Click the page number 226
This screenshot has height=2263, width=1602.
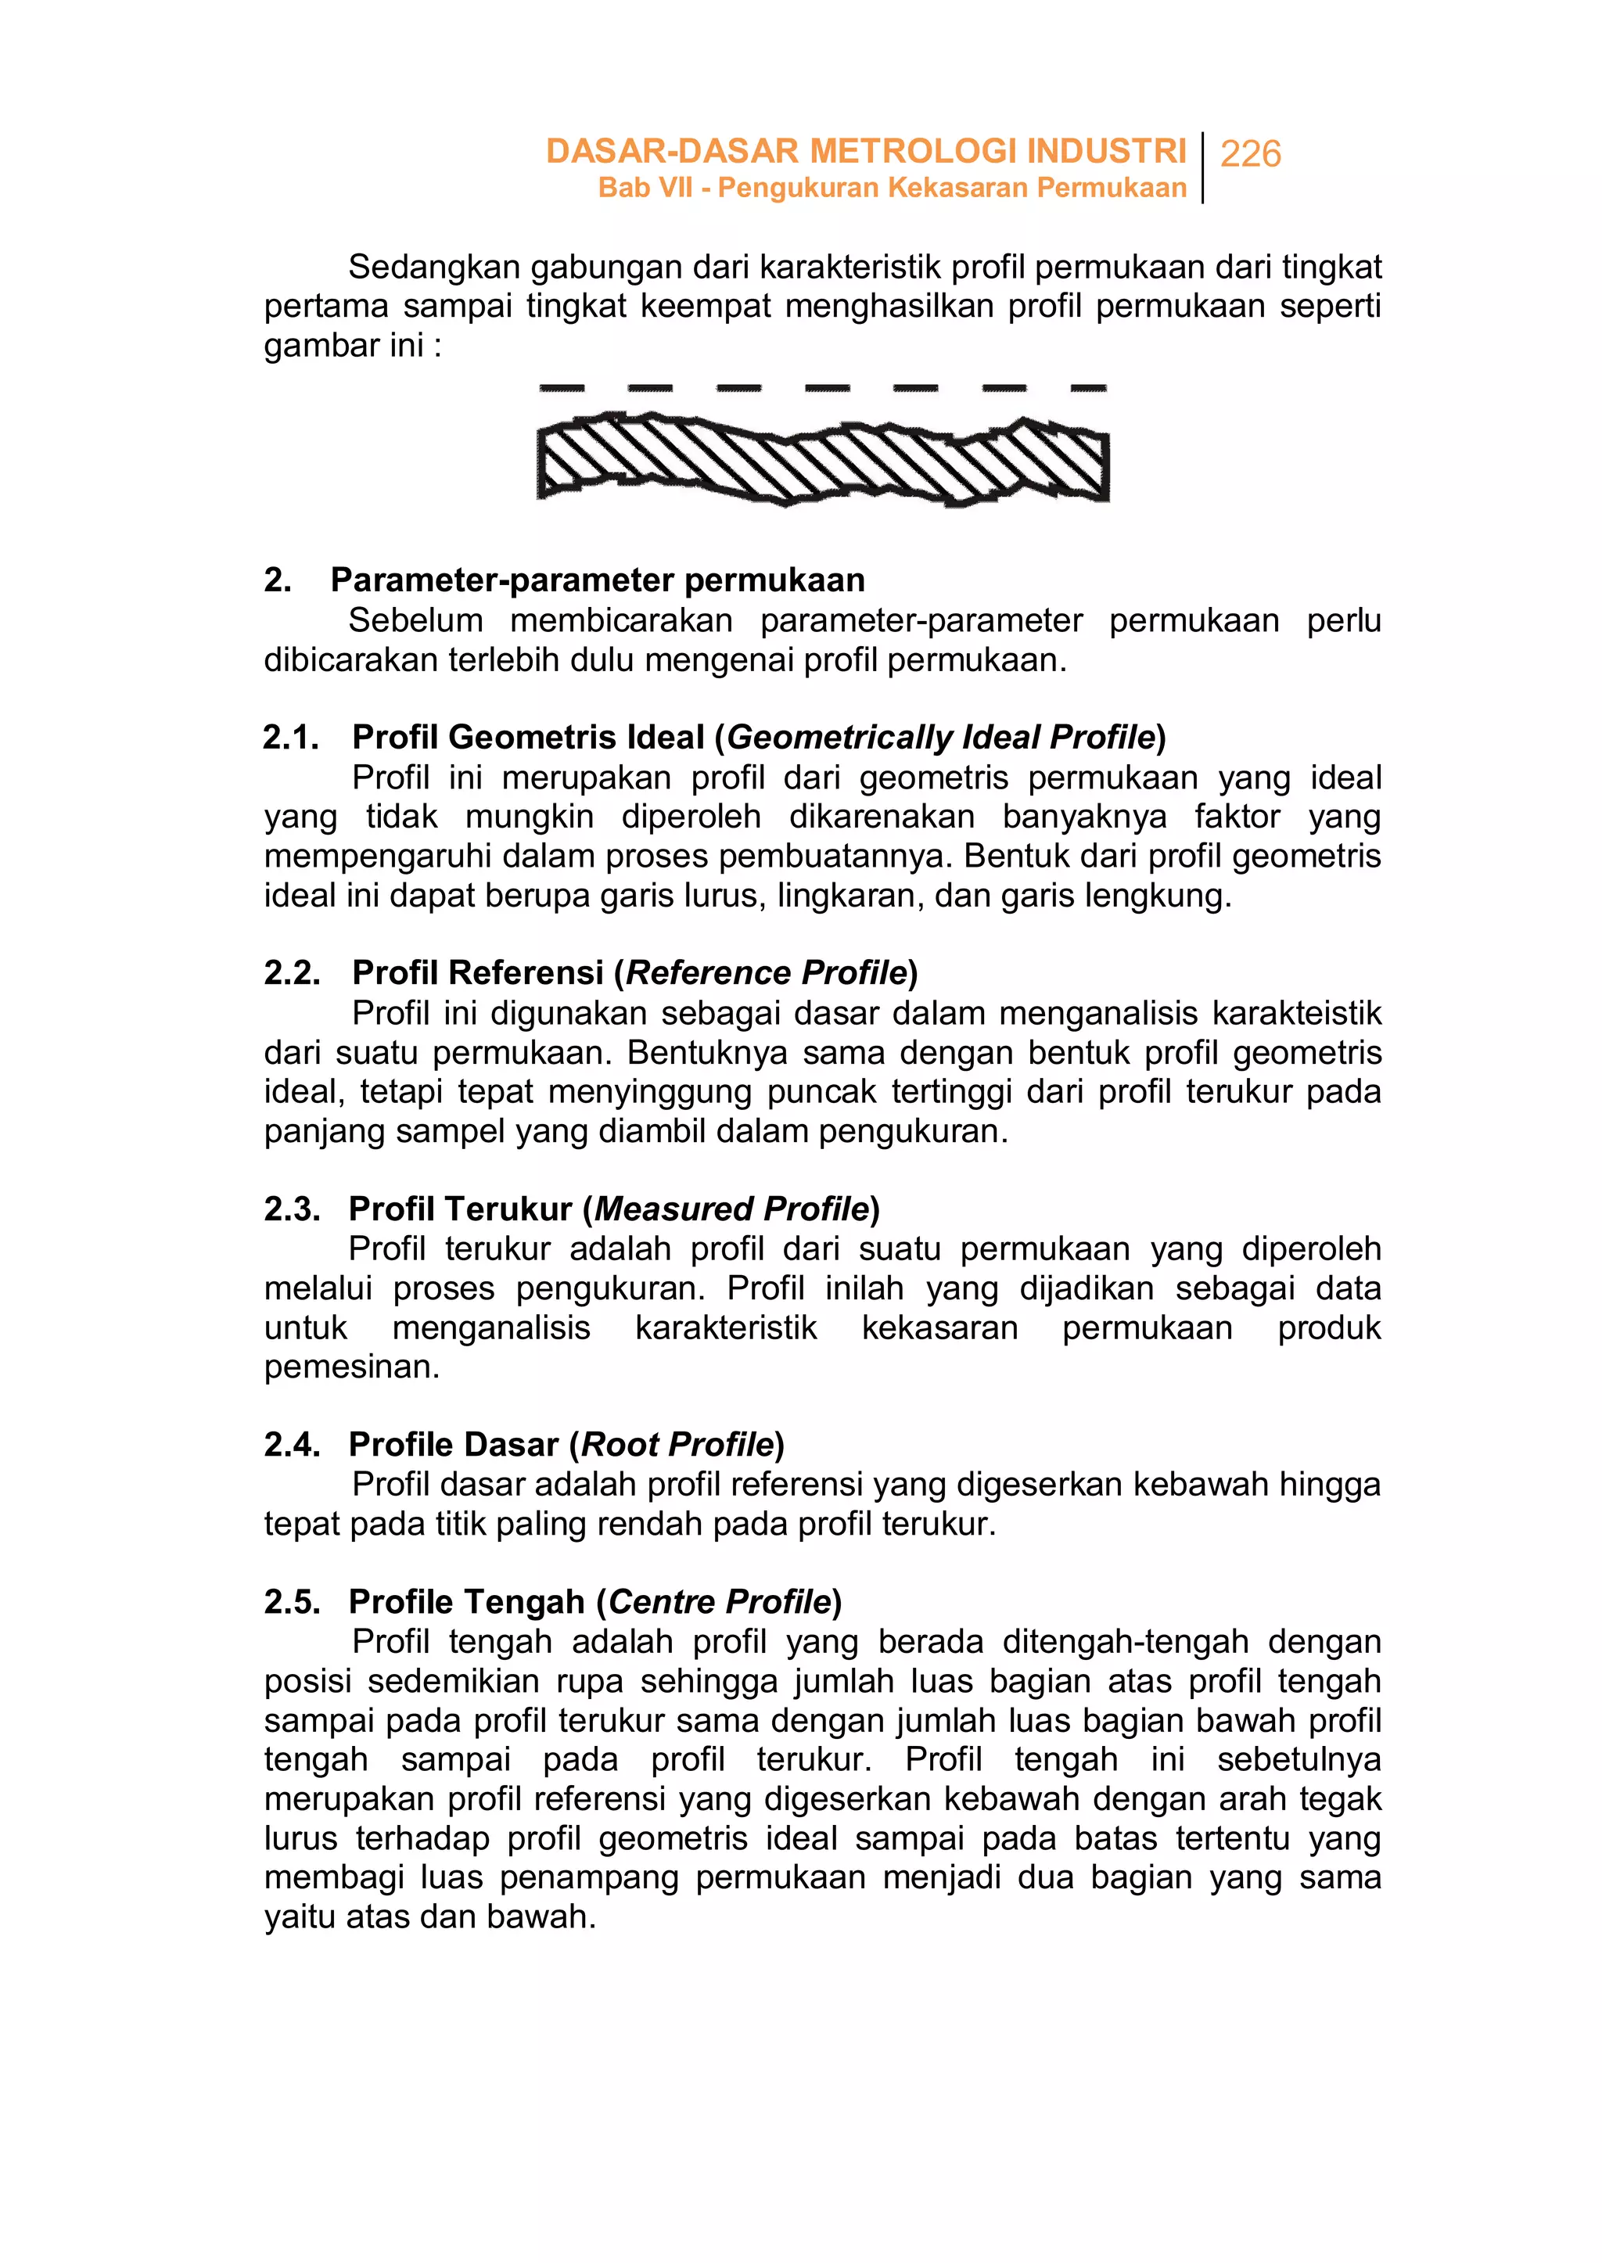[1250, 154]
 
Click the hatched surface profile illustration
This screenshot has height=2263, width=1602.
[823, 462]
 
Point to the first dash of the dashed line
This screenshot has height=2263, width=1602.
[562, 389]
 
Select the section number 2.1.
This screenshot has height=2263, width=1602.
[291, 737]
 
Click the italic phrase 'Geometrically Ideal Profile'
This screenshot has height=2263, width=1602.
[940, 737]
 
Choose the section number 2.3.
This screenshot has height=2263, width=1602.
[292, 1209]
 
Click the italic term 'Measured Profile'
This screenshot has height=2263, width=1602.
[731, 1209]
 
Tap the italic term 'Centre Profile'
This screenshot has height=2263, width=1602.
[719, 1601]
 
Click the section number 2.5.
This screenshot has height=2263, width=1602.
[292, 1601]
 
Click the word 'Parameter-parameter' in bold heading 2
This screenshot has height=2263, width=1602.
[502, 580]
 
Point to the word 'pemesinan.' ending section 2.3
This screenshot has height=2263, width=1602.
[351, 1367]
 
